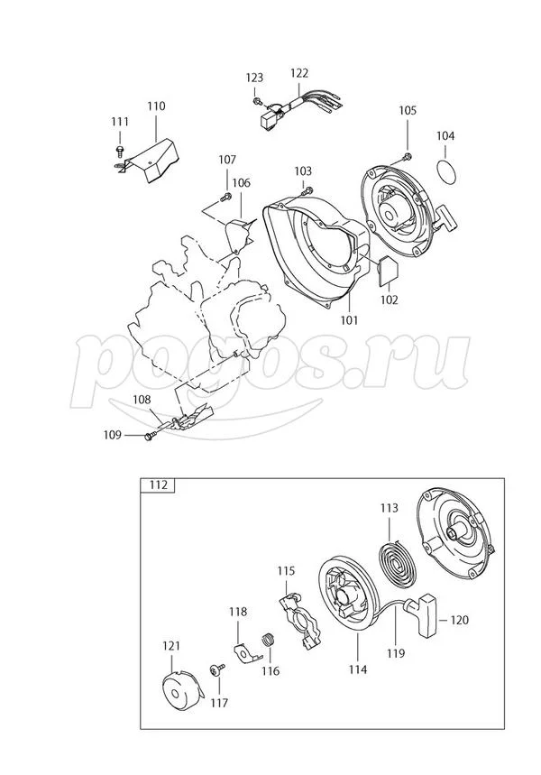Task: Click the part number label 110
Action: (156, 106)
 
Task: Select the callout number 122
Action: (299, 73)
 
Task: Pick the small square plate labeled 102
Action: (389, 269)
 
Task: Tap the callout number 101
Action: (349, 319)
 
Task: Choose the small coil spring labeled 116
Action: (266, 642)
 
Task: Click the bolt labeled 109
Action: (149, 437)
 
